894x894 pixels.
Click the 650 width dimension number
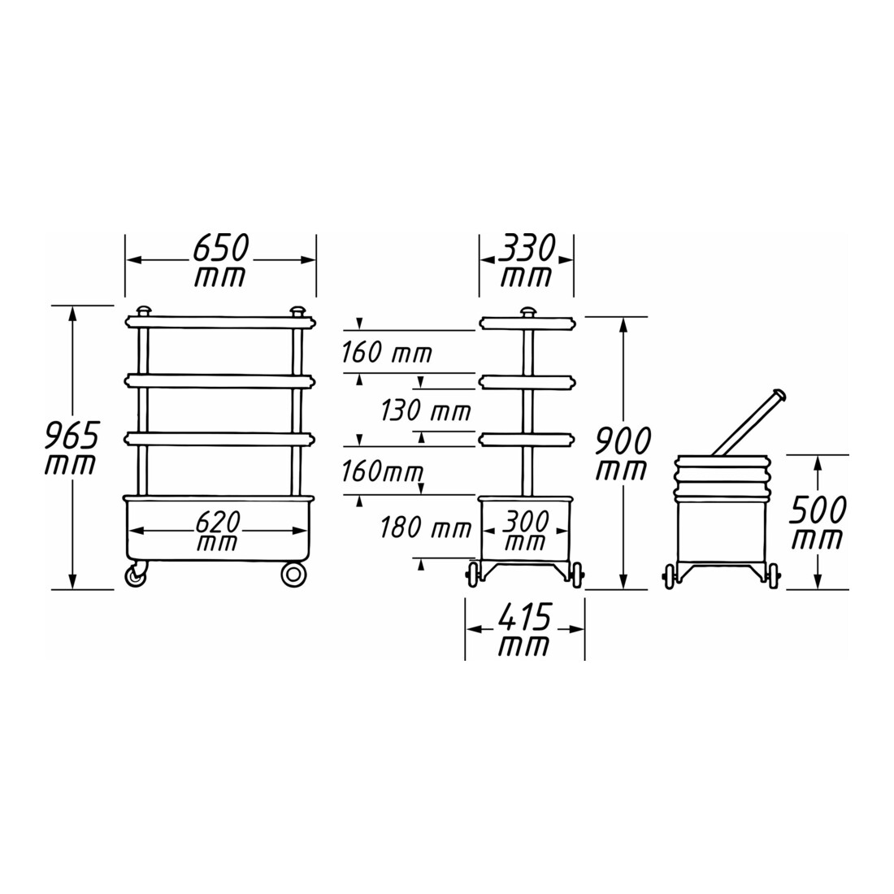tap(220, 247)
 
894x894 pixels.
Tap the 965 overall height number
tap(72, 436)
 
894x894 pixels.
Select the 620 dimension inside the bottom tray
tap(218, 522)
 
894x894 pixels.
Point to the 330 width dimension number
tap(527, 248)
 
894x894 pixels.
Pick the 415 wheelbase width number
tap(524, 617)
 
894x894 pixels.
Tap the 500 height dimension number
tap(818, 510)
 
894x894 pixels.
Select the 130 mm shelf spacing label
tap(425, 410)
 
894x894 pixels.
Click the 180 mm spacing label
tap(425, 527)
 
